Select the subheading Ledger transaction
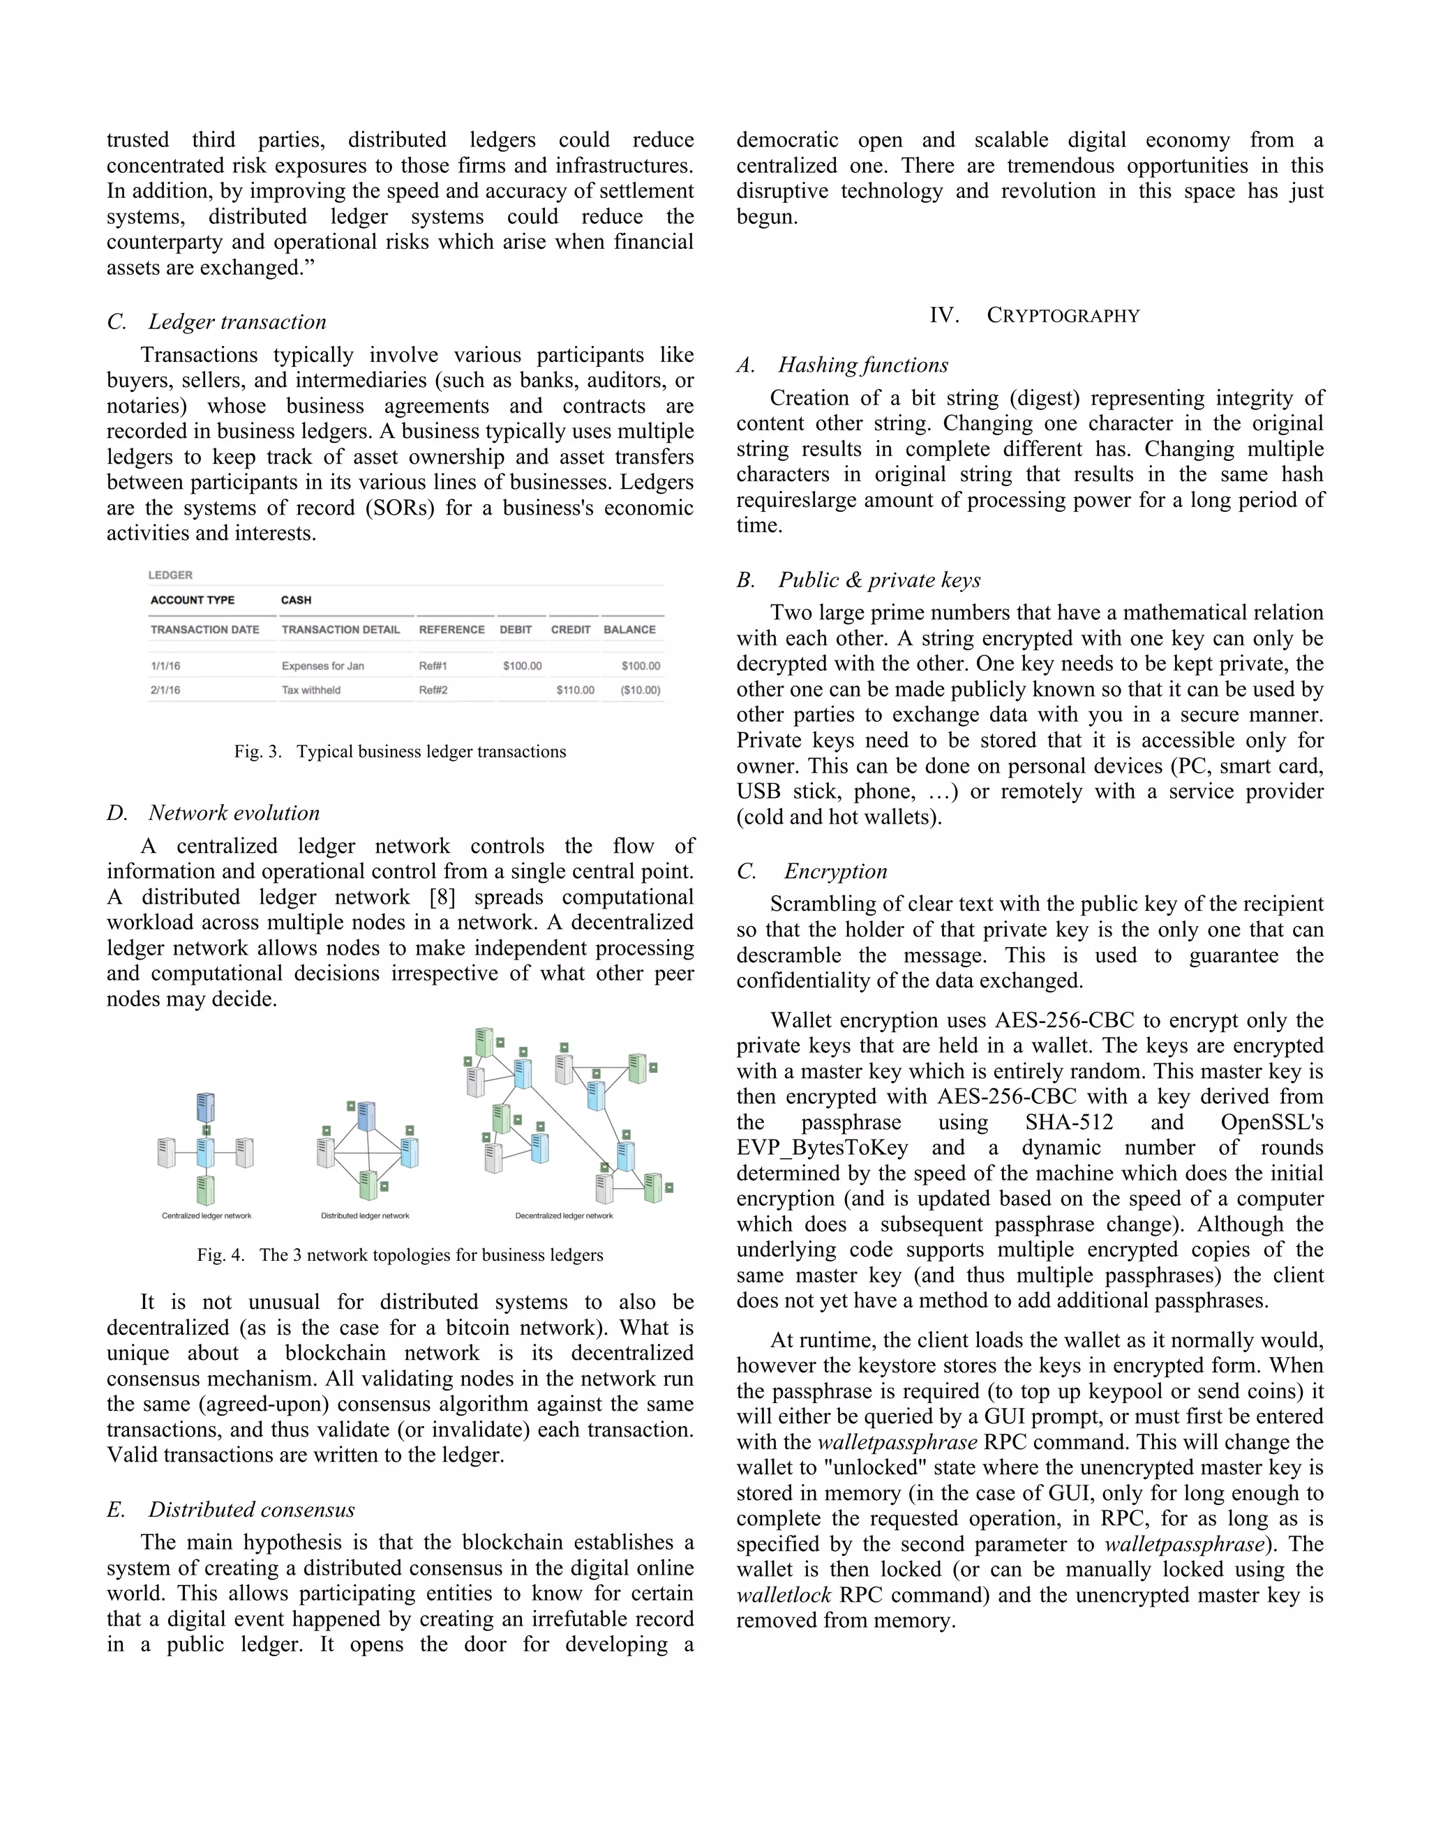[237, 321]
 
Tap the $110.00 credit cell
[575, 690]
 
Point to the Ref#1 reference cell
[433, 666]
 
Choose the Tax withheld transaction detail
[311, 690]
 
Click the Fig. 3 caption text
[400, 751]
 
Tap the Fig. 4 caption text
[400, 1255]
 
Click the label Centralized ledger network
[207, 1216]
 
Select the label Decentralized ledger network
[564, 1216]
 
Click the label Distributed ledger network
[365, 1216]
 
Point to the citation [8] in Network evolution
[442, 897]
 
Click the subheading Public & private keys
[878, 580]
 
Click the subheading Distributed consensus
[251, 1510]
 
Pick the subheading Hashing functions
[862, 365]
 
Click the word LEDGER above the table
[170, 575]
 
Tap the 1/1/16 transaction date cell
[165, 666]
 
